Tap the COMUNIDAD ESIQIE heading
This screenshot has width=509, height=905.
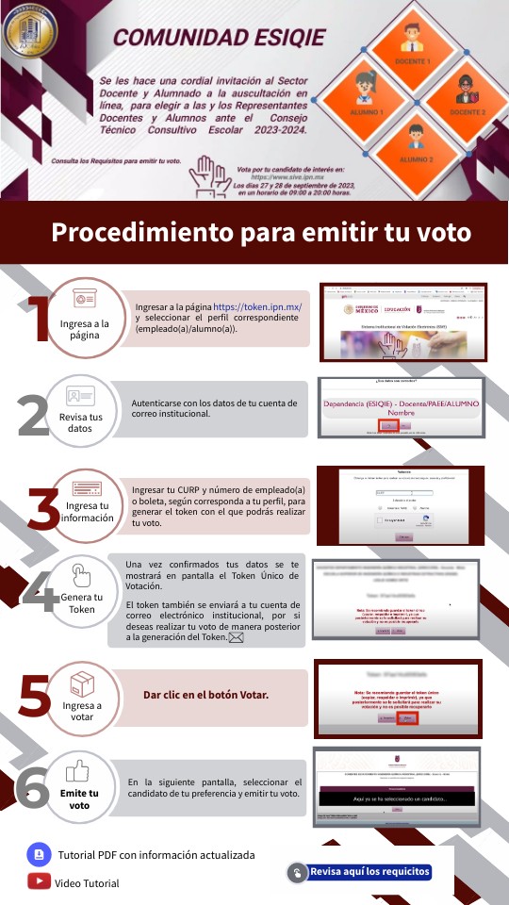coord(219,38)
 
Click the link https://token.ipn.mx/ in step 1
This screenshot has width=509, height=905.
coord(257,307)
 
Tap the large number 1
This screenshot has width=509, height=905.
coord(31,321)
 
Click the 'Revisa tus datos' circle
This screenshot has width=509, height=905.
coord(81,410)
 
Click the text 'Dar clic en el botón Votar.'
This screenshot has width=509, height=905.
coord(205,695)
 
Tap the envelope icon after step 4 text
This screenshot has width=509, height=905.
coord(236,638)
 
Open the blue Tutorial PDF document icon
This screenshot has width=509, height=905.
coord(39,854)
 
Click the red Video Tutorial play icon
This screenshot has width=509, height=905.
coord(39,882)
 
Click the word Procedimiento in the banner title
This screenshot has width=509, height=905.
coord(143,232)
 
